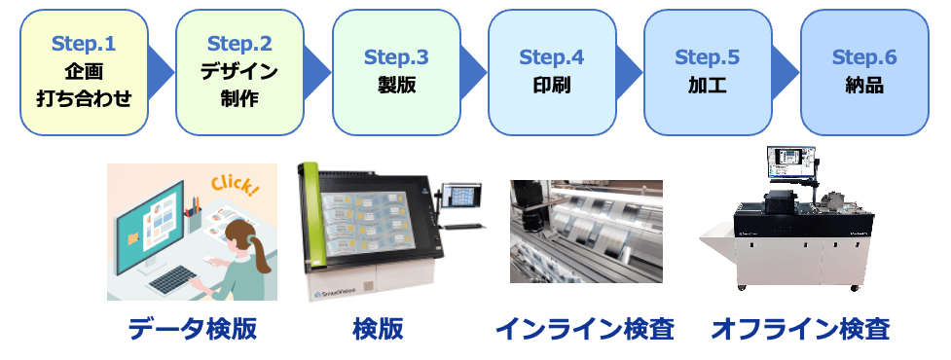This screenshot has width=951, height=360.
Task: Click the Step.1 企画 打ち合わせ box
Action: (x=85, y=72)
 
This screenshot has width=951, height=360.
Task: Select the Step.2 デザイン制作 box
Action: (x=239, y=72)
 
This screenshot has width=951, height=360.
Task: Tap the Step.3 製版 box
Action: (x=396, y=72)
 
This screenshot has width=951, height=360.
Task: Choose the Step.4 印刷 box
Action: (x=552, y=72)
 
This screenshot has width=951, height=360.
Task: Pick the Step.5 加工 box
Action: (x=708, y=72)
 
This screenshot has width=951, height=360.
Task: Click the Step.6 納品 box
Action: (x=864, y=72)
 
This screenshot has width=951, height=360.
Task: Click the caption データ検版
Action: (x=193, y=330)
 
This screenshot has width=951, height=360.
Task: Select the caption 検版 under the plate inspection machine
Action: (x=378, y=330)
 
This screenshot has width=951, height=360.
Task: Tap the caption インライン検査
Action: (x=585, y=330)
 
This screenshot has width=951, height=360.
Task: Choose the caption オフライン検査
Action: (x=800, y=330)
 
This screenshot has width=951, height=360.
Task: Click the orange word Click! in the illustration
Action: (x=236, y=186)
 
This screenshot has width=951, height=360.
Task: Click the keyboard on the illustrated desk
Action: (x=173, y=280)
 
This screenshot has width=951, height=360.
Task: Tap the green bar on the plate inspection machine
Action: (x=317, y=216)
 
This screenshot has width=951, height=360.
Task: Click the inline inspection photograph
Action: (x=586, y=231)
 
